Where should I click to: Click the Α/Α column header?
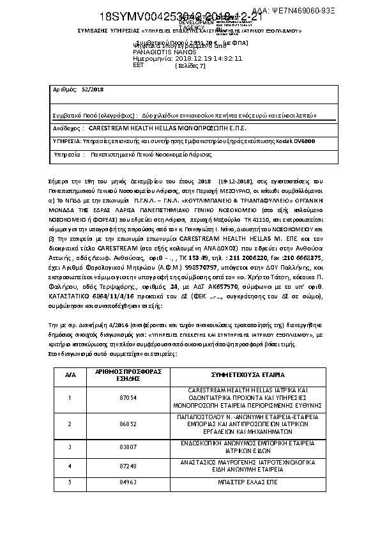(x=70, y=374)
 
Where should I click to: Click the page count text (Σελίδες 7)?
(x=190, y=65)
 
